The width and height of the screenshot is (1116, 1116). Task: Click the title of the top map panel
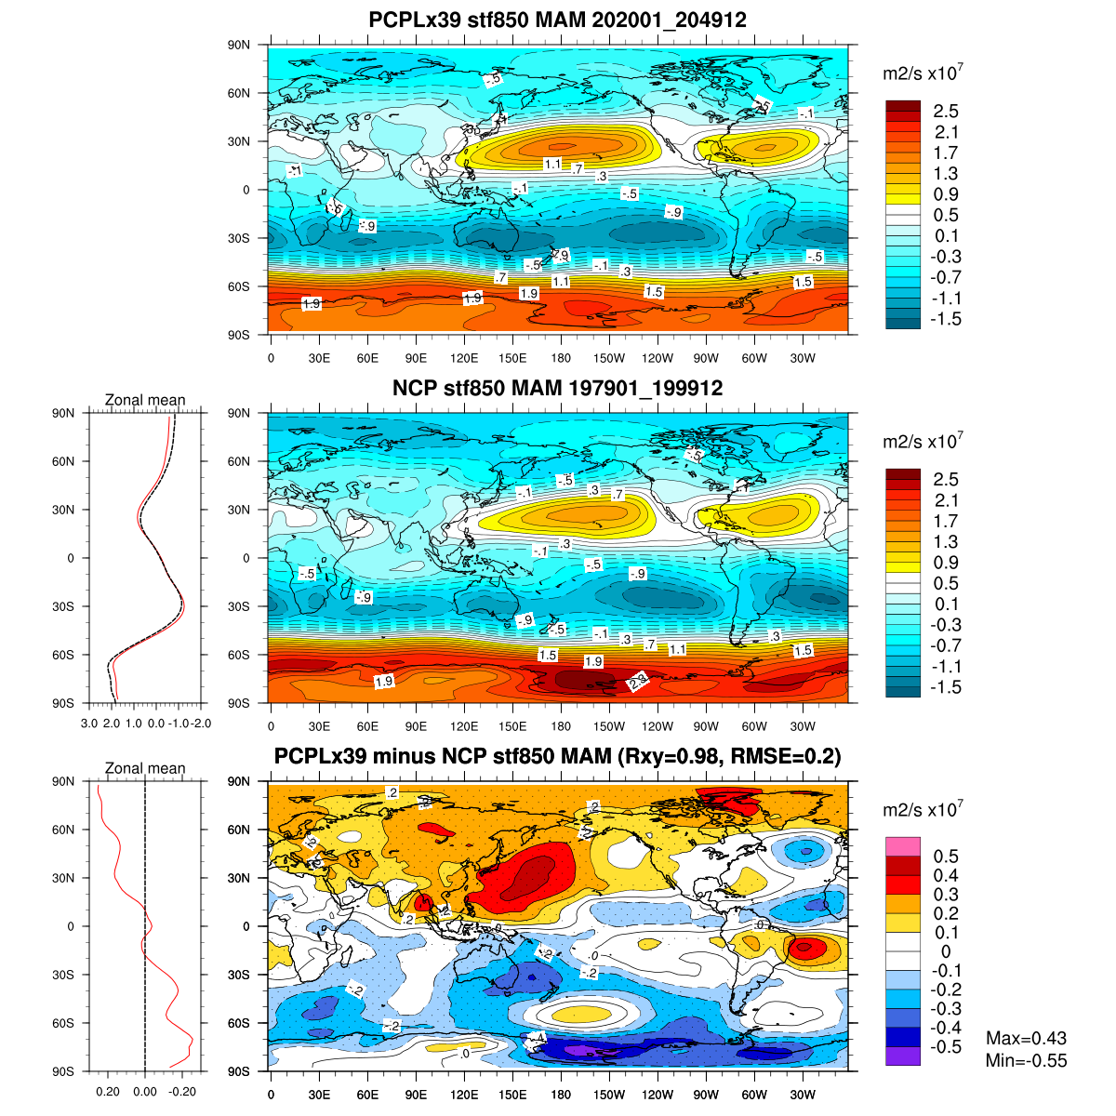[x=557, y=20]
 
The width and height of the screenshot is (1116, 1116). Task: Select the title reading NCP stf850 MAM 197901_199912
[x=557, y=389]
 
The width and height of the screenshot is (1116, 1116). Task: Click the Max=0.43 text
[x=1026, y=1039]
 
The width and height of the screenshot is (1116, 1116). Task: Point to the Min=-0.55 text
[x=1026, y=1061]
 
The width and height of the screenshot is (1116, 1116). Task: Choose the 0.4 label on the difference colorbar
[x=945, y=876]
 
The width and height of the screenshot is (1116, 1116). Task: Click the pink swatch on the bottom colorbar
[x=903, y=846]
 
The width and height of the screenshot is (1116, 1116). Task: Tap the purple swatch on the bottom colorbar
[x=903, y=1056]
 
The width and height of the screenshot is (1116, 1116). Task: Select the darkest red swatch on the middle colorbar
[x=903, y=474]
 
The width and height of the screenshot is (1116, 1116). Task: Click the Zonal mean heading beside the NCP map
[x=145, y=401]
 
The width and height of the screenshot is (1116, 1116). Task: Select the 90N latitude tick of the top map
[x=240, y=45]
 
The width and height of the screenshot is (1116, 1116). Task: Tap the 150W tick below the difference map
[x=609, y=1096]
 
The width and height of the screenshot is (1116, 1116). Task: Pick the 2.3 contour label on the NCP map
[x=639, y=681]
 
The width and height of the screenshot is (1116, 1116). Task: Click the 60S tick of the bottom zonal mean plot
[x=63, y=1023]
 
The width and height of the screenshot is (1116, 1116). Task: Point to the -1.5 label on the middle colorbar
[x=947, y=688]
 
